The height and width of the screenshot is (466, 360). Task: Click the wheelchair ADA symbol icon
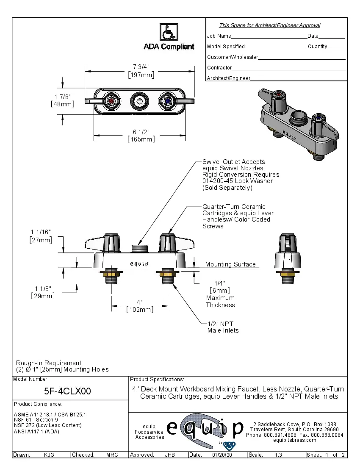pyautogui.click(x=169, y=32)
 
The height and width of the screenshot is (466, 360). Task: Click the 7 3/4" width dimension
pyautogui.click(x=141, y=71)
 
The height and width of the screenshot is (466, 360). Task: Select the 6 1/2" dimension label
pyautogui.click(x=141, y=135)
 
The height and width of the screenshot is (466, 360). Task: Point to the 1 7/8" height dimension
pyautogui.click(x=62, y=100)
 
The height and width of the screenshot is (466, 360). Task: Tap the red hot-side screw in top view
pyautogui.click(x=111, y=101)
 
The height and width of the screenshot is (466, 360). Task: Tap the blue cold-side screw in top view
pyautogui.click(x=167, y=101)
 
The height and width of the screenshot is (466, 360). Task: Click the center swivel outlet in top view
pyautogui.click(x=139, y=101)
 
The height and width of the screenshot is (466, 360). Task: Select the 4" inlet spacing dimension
pyautogui.click(x=140, y=306)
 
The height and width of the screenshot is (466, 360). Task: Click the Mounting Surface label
pyautogui.click(x=230, y=264)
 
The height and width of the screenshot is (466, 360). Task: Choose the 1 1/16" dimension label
pyautogui.click(x=41, y=236)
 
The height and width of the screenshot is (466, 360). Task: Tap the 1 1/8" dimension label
pyautogui.click(x=43, y=292)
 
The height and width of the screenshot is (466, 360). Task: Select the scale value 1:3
pyautogui.click(x=279, y=455)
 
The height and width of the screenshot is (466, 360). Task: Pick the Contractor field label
pyautogui.click(x=219, y=68)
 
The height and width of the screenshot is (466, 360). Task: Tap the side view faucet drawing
pyautogui.click(x=289, y=258)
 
